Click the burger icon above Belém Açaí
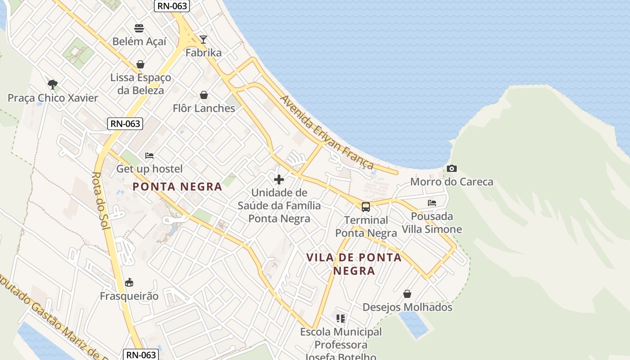click(139, 28)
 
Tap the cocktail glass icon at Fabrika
click(203, 40)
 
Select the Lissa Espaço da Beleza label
click(141, 84)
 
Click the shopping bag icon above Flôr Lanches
click(204, 95)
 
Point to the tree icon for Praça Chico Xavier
click(53, 84)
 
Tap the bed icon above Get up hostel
click(149, 156)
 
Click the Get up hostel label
click(149, 169)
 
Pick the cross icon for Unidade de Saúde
click(279, 180)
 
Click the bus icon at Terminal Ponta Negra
click(366, 207)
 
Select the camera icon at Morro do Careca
click(452, 169)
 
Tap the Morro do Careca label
click(452, 182)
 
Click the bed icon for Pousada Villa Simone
click(432, 203)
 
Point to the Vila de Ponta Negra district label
click(354, 264)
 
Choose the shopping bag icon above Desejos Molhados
click(407, 294)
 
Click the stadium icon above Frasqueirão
click(129, 283)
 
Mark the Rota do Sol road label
click(101, 201)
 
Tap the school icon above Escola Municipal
click(341, 319)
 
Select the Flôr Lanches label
click(204, 108)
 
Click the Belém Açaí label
click(139, 41)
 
